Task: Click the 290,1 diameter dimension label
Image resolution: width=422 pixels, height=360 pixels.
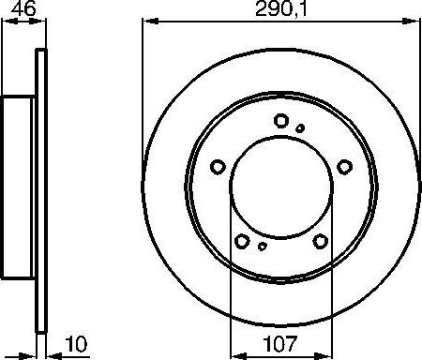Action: pyautogui.click(x=280, y=10)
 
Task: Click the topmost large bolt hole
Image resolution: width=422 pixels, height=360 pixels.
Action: pyautogui.click(x=281, y=120)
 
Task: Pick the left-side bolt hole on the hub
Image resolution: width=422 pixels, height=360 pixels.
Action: pyautogui.click(x=217, y=167)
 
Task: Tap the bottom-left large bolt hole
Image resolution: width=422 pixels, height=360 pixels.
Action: pyautogui.click(x=242, y=241)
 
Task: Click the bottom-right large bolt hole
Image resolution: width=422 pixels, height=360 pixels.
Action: pyautogui.click(x=321, y=241)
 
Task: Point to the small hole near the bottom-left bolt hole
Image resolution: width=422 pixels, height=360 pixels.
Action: pyautogui.click(x=263, y=247)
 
